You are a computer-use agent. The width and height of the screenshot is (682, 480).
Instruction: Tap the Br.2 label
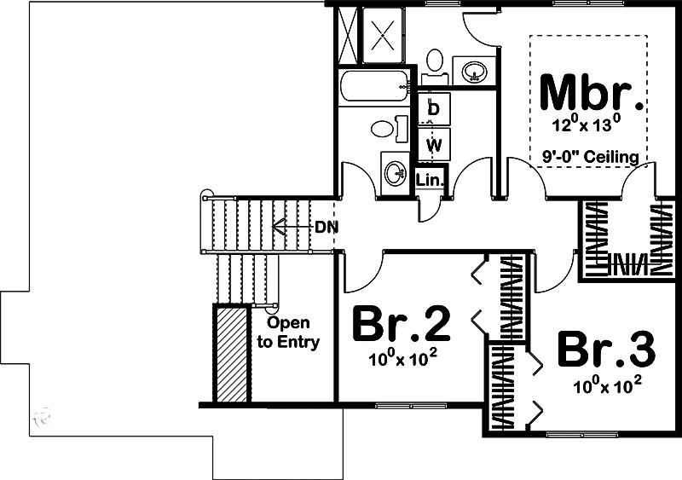coord(401,324)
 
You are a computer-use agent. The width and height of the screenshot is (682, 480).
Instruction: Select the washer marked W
coord(434,144)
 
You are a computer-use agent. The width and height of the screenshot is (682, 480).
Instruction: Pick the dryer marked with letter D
coord(434,108)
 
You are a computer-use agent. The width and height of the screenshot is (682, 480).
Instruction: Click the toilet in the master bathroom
coord(435,64)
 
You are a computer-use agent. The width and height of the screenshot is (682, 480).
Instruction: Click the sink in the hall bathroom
coord(395,173)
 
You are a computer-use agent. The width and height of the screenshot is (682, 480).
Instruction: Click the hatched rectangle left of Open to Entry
coord(231,354)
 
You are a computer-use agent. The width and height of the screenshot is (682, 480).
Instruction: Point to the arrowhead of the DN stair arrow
coord(275,227)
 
